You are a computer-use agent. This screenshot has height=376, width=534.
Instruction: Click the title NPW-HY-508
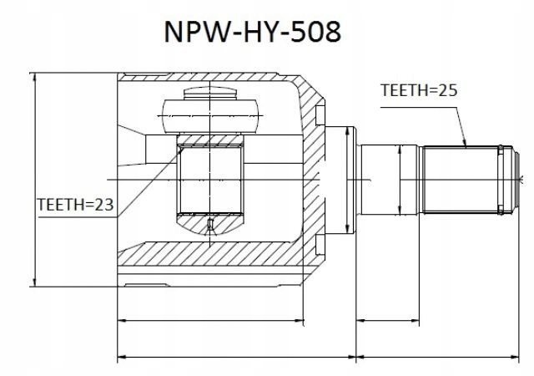pyautogui.click(x=252, y=32)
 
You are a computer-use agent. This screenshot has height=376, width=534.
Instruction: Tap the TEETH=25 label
pyautogui.click(x=419, y=90)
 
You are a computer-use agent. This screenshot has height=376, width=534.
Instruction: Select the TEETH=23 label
pyautogui.click(x=75, y=205)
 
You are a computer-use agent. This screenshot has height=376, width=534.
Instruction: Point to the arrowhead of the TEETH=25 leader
pyautogui.click(x=464, y=143)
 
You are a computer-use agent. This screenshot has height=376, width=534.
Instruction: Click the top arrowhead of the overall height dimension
pyautogui.click(x=34, y=78)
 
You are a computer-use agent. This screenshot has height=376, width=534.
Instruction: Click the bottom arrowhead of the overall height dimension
pyautogui.click(x=34, y=282)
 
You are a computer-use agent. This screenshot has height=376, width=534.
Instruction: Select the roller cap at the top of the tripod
pyautogui.click(x=210, y=93)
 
